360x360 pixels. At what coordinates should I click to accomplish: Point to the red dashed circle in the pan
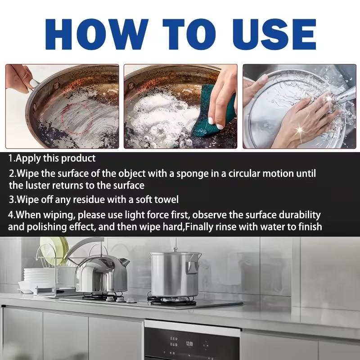79,120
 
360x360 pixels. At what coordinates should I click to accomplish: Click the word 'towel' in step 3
166,199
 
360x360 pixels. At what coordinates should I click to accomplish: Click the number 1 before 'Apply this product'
11,158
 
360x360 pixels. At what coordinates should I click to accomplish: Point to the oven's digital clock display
189,343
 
